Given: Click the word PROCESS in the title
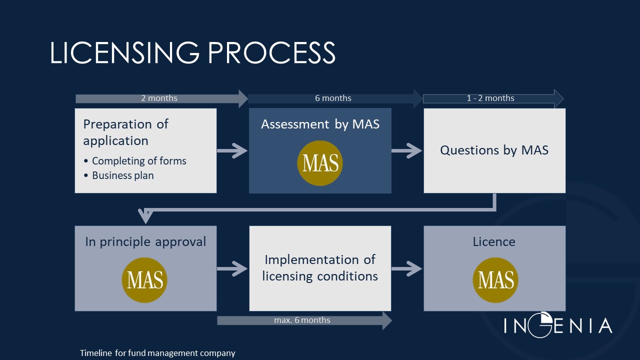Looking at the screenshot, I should [271, 52].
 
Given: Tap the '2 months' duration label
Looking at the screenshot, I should [159, 98].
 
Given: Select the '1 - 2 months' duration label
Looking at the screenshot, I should [490, 98].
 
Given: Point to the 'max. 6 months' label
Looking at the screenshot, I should [302, 320].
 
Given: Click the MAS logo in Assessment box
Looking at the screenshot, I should [320, 163].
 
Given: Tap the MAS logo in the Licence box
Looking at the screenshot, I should [495, 280].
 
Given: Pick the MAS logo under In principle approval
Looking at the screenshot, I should [144, 280].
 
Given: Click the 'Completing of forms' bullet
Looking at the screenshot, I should [138, 161].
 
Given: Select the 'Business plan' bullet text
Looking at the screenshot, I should [122, 175].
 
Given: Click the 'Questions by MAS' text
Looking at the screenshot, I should [494, 150].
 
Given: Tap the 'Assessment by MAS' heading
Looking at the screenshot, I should [320, 124].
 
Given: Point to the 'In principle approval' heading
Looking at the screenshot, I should [145, 242].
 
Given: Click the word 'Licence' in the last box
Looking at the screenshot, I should [494, 242].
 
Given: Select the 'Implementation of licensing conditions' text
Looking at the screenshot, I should [320, 268].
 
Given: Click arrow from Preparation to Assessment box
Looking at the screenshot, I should [232, 150].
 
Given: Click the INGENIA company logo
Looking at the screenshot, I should [557, 325].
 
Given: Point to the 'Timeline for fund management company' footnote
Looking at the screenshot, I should [157, 353].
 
